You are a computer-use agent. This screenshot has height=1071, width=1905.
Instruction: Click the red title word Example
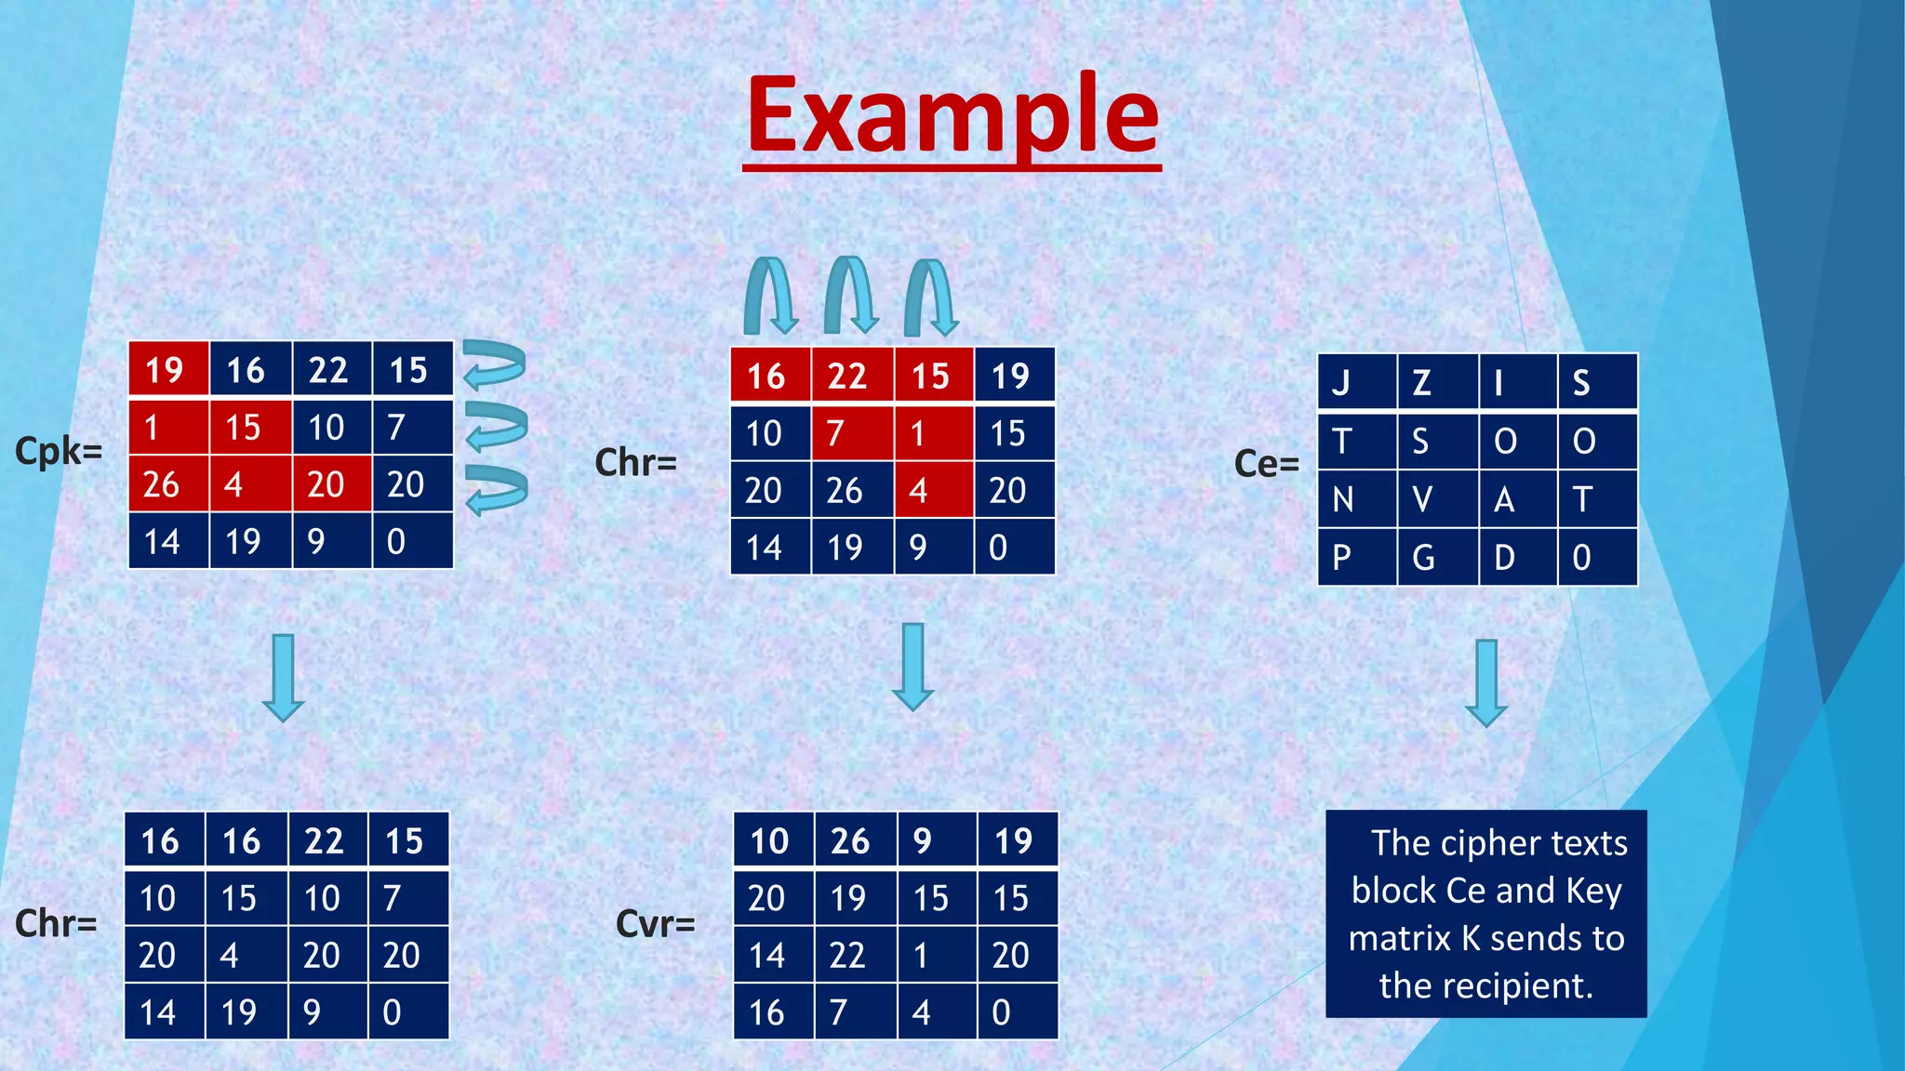pyautogui.click(x=952, y=116)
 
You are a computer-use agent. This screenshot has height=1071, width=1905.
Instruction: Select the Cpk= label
pyautogui.click(x=59, y=452)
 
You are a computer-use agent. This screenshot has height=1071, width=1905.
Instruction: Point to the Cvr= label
pyautogui.click(x=656, y=924)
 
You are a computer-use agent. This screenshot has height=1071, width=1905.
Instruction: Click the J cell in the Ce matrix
pyautogui.click(x=1356, y=382)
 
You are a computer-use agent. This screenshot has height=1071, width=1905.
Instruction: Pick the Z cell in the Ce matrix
pyautogui.click(x=1437, y=382)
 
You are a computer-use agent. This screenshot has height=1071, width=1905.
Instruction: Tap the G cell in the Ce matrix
pyautogui.click(x=1437, y=558)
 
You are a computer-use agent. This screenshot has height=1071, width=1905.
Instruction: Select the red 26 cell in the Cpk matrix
pyautogui.click(x=168, y=484)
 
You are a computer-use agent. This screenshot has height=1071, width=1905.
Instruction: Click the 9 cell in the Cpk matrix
pyautogui.click(x=331, y=541)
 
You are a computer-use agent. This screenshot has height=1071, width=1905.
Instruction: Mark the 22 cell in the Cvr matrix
pyautogui.click(x=856, y=956)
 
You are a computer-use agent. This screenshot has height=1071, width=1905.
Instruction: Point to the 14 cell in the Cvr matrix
pyautogui.click(x=774, y=956)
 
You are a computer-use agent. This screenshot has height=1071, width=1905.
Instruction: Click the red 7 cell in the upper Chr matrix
pyautogui.click(x=852, y=433)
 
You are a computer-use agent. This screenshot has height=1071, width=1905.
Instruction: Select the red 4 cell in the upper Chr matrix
pyautogui.click(x=933, y=491)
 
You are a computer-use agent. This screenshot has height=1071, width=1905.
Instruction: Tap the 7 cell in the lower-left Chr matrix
pyautogui.click(x=407, y=898)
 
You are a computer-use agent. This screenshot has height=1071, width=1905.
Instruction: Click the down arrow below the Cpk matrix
pyautogui.click(x=283, y=678)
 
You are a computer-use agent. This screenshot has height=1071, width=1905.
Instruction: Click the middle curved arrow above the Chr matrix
pyautogui.click(x=851, y=296)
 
